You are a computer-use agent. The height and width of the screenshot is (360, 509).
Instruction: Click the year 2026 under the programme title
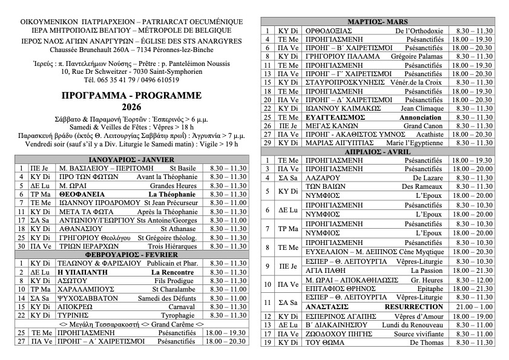pyautogui.click(x=131, y=107)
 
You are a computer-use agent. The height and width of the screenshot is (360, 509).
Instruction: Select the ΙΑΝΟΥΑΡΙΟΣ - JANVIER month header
pyautogui.click(x=131, y=160)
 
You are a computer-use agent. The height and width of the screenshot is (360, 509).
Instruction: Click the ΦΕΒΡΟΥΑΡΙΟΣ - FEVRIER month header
pyautogui.click(x=131, y=255)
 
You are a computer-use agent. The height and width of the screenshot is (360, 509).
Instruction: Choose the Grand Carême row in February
pyautogui.click(x=131, y=324)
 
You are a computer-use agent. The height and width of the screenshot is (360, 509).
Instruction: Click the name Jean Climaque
pyautogui.click(x=422, y=108)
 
